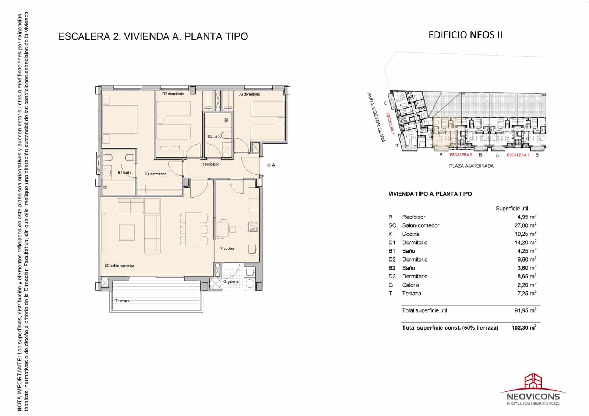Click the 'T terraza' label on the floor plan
[x=122, y=301]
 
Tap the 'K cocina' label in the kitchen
[x=227, y=248]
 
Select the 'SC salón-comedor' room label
[x=119, y=265]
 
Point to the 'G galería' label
[x=231, y=282]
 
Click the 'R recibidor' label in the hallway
[x=210, y=164]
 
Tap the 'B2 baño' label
[x=215, y=136]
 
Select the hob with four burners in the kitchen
[x=253, y=227]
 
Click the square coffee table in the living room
[x=127, y=232]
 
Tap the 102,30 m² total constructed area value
[x=523, y=327]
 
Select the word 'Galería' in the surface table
[x=410, y=285]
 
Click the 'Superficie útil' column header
[x=512, y=209]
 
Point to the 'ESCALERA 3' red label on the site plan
[x=518, y=155]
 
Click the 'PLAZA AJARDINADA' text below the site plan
[x=471, y=166]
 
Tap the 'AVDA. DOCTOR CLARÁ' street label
[x=376, y=117]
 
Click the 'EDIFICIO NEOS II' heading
[x=465, y=35]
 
